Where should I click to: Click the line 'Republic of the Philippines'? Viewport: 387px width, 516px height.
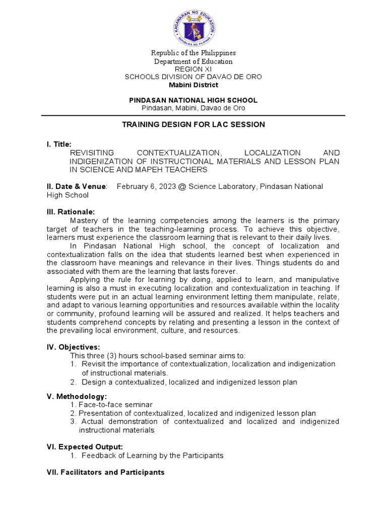pos(193,53)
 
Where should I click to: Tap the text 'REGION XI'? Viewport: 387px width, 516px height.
pos(193,69)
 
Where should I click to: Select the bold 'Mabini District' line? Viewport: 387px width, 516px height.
pos(193,85)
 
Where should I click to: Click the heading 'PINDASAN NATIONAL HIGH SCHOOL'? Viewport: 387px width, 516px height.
pos(193,100)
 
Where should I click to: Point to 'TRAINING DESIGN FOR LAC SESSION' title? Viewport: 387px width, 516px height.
pos(193,124)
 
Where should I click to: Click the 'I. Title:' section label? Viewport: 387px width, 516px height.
pos(59,144)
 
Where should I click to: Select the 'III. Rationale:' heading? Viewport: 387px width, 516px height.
pos(71,212)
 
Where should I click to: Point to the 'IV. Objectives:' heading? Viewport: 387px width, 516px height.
pos(73,347)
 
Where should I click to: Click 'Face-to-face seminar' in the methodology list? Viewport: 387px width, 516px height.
pos(115,405)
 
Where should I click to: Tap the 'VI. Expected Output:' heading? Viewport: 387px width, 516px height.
pos(85,446)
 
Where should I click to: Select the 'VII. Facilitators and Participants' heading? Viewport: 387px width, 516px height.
pos(105,473)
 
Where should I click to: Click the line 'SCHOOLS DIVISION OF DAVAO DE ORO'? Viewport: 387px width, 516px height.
pos(193,77)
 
